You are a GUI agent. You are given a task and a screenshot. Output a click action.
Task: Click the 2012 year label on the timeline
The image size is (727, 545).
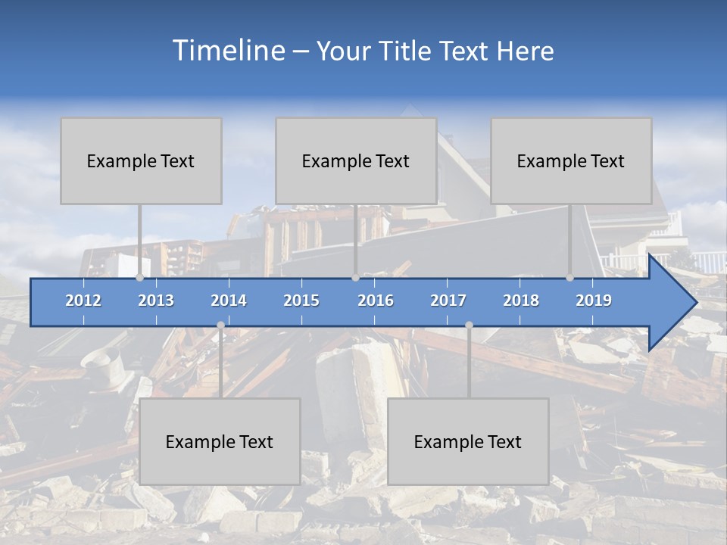(x=83, y=301)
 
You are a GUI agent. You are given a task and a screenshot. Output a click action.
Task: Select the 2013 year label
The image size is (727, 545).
(x=156, y=301)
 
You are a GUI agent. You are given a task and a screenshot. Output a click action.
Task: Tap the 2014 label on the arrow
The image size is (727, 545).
(x=229, y=301)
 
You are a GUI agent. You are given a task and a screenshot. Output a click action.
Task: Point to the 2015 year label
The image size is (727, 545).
(x=301, y=301)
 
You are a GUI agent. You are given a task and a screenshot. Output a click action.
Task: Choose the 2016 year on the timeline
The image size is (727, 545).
(x=376, y=301)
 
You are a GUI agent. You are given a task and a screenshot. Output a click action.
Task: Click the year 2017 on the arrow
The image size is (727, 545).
(x=448, y=301)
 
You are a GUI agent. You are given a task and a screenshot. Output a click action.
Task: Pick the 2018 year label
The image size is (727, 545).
(x=521, y=301)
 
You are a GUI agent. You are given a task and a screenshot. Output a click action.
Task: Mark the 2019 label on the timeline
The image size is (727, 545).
(x=594, y=301)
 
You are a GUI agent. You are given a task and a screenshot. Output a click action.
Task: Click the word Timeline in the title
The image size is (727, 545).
(x=227, y=51)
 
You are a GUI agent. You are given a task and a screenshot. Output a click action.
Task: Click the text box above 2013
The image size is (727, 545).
(x=141, y=160)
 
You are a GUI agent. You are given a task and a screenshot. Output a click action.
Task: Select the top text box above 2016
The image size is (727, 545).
(x=356, y=160)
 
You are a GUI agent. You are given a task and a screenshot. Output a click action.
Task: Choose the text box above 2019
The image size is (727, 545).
(x=571, y=160)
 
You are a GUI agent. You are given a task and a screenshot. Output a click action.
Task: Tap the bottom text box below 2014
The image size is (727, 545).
(x=220, y=441)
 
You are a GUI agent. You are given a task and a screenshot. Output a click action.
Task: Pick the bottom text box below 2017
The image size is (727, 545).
(x=468, y=441)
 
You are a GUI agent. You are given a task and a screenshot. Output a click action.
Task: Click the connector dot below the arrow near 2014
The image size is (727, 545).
(x=220, y=325)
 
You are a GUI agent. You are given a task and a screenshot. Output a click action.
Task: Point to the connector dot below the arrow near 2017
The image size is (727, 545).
(x=469, y=325)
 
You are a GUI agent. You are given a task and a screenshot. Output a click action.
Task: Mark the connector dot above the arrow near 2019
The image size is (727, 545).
(x=570, y=278)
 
